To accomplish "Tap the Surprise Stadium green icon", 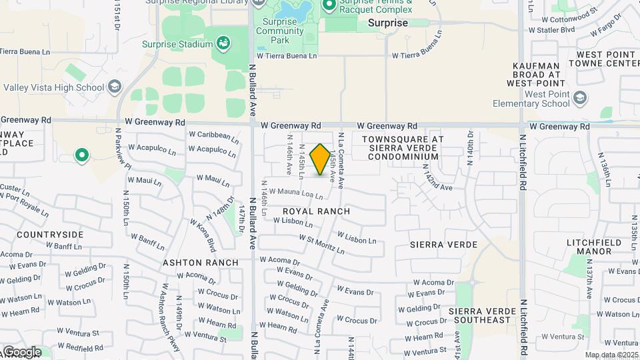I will point(223,45).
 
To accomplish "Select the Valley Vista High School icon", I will point(115,87).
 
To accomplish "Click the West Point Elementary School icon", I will point(580,99).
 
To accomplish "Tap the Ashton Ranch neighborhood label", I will point(201,263).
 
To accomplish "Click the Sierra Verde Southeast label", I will point(483,316).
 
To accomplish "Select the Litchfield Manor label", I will point(598,247).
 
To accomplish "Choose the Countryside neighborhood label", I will point(50,235).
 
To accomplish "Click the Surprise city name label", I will point(387,23).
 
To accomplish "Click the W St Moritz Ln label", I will point(321,244).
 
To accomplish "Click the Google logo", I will point(22,352).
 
